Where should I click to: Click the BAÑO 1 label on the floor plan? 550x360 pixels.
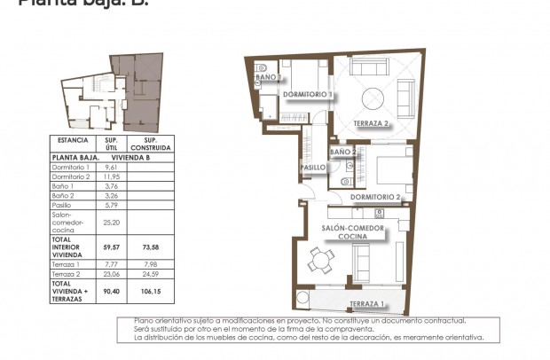tap(268, 78)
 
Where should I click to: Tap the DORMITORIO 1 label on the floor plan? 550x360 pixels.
tap(307, 94)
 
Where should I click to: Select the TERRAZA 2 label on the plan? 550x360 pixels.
tap(372, 123)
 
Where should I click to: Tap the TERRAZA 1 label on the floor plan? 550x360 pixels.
tap(367, 303)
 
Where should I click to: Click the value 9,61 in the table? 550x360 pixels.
tap(112, 167)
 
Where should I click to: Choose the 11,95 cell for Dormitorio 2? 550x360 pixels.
tap(112, 176)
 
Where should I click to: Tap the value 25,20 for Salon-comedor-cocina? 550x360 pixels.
tap(112, 223)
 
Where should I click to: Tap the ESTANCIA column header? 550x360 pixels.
tap(72, 140)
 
